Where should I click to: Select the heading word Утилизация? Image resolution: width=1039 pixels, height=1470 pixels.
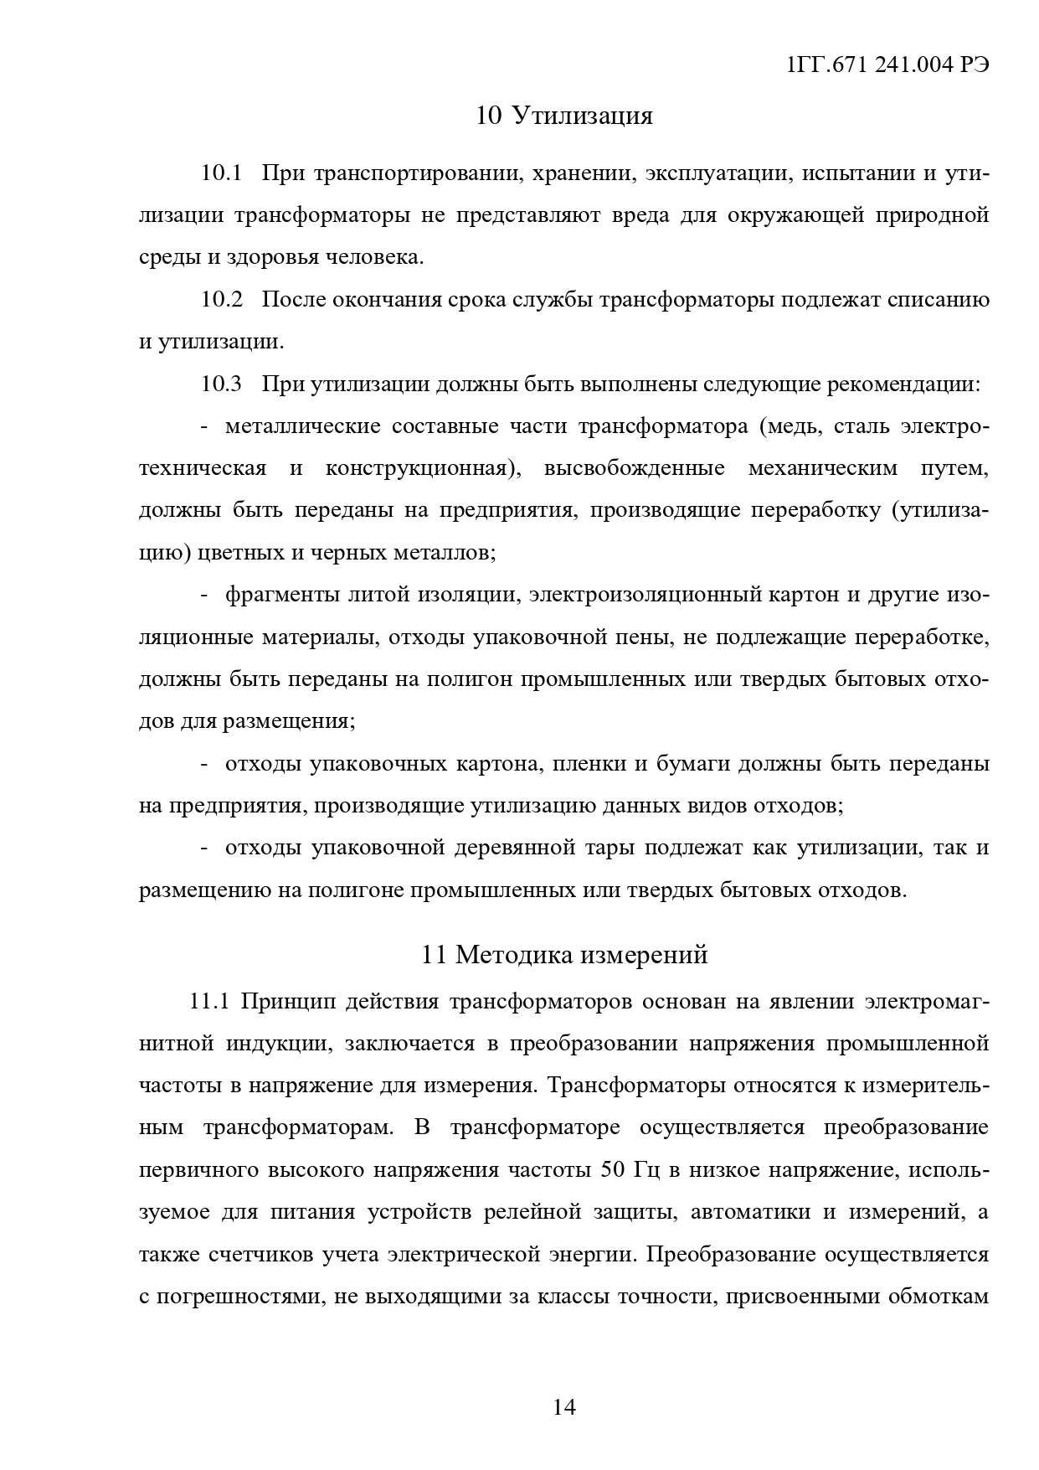tap(582, 116)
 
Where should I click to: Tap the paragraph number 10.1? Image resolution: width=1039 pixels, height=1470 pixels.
tap(221, 173)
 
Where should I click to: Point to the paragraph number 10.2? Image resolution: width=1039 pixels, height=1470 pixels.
tap(221, 300)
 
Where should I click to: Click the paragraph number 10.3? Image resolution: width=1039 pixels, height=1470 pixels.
tap(221, 384)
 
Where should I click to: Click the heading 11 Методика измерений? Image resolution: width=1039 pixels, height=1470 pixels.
tap(564, 955)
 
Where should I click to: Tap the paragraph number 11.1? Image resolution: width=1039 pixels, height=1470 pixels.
tap(210, 1002)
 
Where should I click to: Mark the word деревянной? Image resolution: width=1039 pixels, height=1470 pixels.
tap(515, 848)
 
